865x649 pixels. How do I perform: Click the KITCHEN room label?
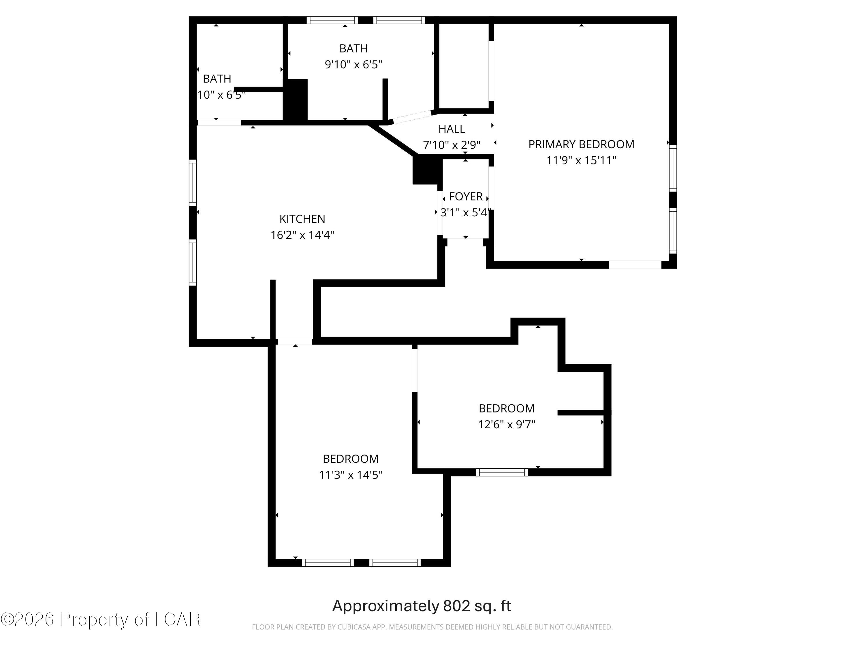coord(302,219)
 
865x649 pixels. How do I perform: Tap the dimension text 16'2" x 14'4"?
coord(302,235)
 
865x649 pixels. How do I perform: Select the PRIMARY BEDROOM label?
coord(581,144)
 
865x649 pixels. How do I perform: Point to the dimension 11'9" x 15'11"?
coord(581,160)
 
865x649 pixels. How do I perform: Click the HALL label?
coord(451,129)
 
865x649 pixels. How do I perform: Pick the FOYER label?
coord(465,196)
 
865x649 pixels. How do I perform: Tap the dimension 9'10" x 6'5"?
coord(353,65)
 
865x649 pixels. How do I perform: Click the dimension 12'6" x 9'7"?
coord(506,425)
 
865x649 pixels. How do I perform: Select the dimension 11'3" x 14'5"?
coord(350,475)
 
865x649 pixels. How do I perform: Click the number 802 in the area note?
coord(456,606)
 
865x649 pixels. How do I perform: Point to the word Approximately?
coord(385,606)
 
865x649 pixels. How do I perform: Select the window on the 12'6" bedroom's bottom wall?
coord(502,472)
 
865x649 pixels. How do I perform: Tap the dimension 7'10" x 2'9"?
coord(451,145)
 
